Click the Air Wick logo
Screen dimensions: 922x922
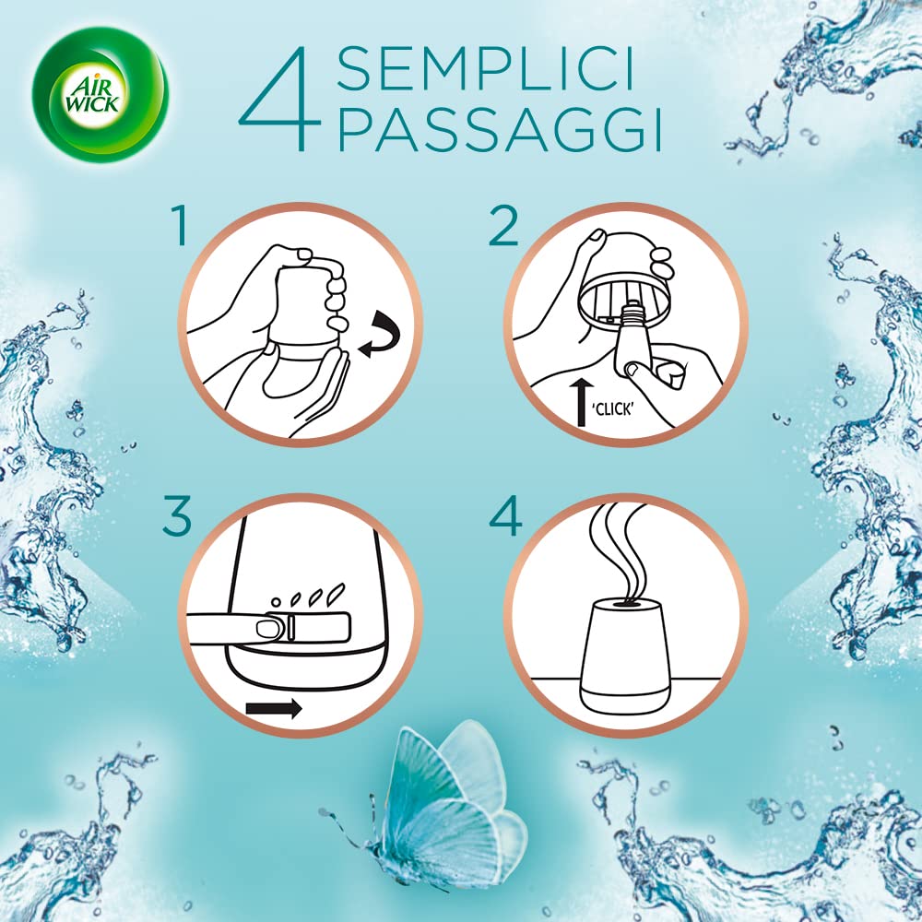coord(100,94)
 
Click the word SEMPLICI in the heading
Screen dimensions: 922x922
coord(486,69)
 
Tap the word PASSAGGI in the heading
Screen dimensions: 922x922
coord(500,129)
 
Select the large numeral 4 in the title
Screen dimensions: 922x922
coord(280,99)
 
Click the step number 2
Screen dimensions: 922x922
coord(503,225)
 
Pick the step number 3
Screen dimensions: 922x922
coord(177,515)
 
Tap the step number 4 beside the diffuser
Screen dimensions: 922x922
coord(505,515)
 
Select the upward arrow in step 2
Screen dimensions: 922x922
coord(582,402)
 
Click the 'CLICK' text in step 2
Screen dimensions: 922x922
coord(613,408)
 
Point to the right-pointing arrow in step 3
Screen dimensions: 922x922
coord(274,708)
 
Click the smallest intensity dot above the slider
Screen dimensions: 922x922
coord(275,602)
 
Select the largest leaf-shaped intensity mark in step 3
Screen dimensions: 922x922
coord(337,593)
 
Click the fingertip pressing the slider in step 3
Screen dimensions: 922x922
coord(267,628)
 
